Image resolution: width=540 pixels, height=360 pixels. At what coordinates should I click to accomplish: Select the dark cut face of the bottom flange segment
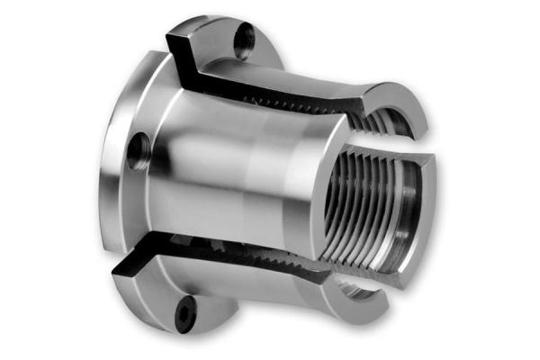(x=135, y=271)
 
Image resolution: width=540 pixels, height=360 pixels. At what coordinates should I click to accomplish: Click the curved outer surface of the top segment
(x=297, y=63)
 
